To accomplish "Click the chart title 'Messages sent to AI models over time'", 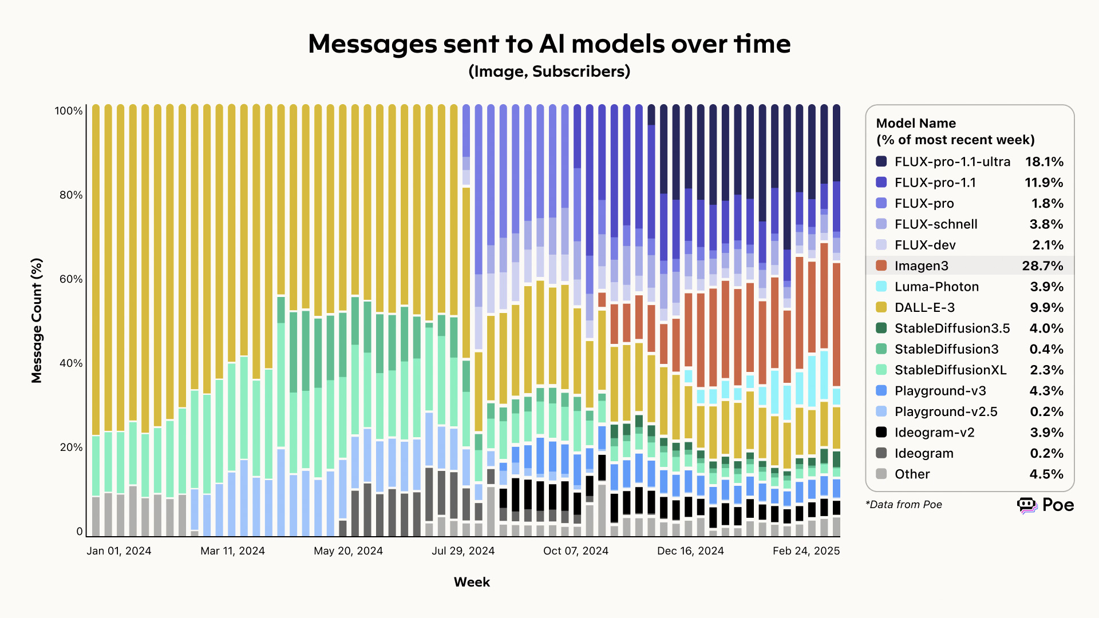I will [x=549, y=43].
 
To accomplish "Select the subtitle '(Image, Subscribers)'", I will [x=549, y=72].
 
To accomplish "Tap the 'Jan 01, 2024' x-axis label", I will [x=119, y=551].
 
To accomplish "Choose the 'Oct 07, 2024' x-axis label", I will [x=575, y=551].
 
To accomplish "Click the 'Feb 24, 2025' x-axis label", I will [x=806, y=551].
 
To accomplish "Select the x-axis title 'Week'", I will [x=472, y=582].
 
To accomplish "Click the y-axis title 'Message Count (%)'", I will [x=37, y=320].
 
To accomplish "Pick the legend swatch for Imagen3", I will [x=881, y=266].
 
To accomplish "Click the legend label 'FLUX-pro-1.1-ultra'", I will [x=952, y=162].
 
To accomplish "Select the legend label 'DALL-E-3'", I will [x=924, y=307].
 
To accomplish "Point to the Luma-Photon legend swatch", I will [x=881, y=287].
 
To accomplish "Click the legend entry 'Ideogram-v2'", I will [x=934, y=433].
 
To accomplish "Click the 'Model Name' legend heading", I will [x=916, y=124].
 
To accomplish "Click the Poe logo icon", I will [x=1027, y=505].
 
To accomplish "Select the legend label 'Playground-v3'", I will [x=940, y=391].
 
